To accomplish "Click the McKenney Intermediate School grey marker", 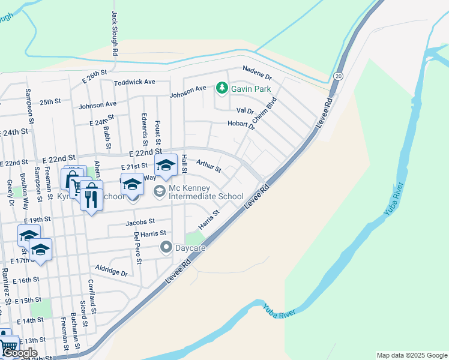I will [160, 191].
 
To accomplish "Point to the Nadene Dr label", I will [257, 73].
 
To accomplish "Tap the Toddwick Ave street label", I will [134, 82].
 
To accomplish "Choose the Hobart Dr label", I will [241, 124].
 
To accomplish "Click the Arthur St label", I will [209, 164].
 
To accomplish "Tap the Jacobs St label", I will [140, 222].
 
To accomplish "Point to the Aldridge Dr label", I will [112, 269].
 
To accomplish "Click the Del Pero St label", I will [137, 248].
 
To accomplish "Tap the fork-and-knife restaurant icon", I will [91, 197].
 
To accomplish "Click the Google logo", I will [20, 353].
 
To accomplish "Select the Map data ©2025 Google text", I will [411, 355].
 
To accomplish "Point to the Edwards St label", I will [145, 129].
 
